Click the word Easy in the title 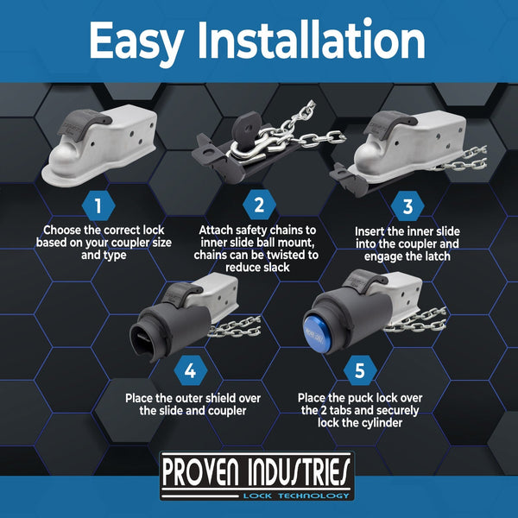136,41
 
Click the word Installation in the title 311,40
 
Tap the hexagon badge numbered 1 98,205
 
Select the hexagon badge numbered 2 259,205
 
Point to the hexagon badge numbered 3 407,206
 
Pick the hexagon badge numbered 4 190,370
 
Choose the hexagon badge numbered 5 360,370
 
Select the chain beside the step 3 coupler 461,160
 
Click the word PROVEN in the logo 201,473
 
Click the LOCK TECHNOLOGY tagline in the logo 296,496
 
